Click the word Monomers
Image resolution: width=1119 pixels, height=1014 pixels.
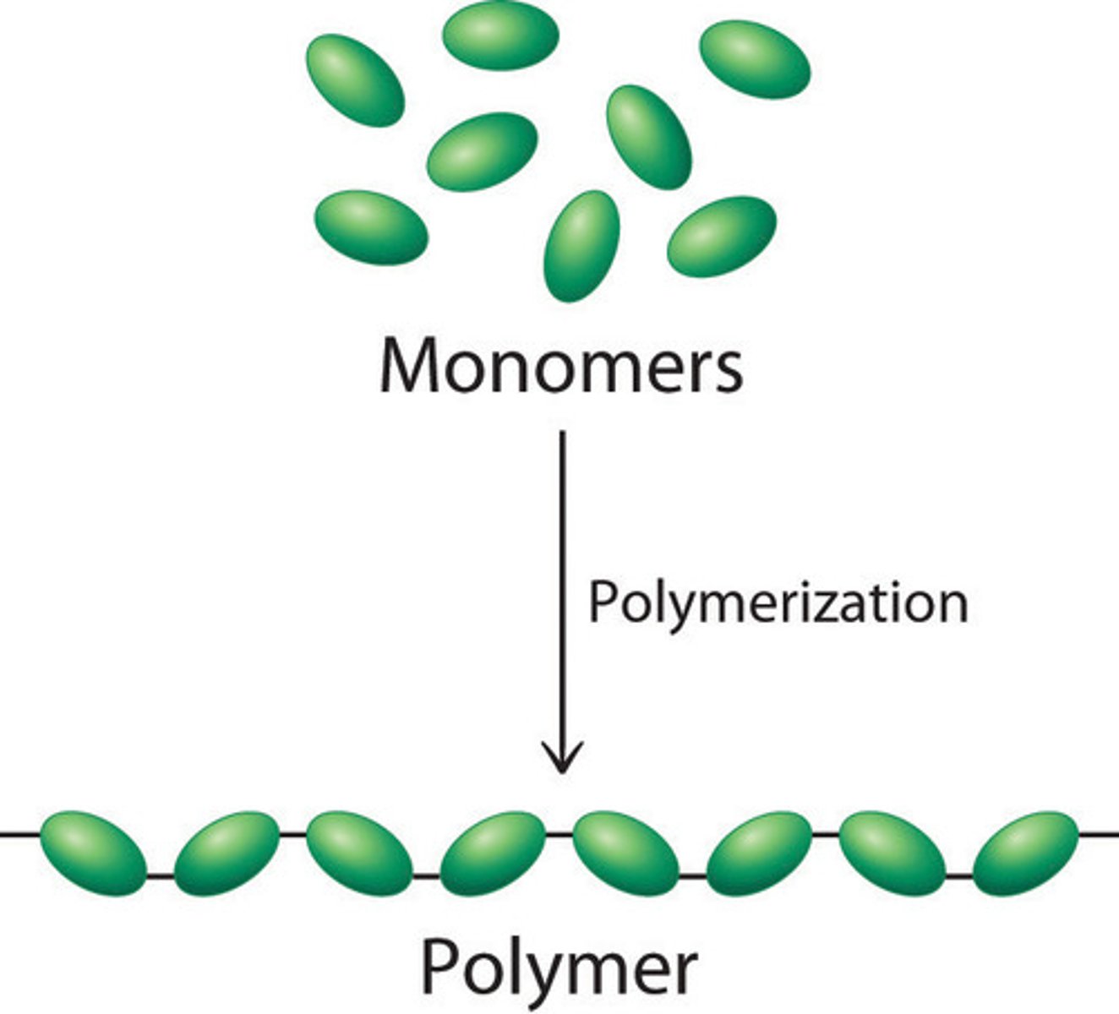pyautogui.click(x=561, y=366)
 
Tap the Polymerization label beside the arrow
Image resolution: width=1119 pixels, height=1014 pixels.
pyautogui.click(x=777, y=603)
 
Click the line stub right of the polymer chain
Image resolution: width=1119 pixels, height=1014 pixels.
pyautogui.click(x=1099, y=835)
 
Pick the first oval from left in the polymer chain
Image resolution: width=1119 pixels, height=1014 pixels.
pyautogui.click(x=94, y=853)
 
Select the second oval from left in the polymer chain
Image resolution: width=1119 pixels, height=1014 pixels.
pyautogui.click(x=227, y=853)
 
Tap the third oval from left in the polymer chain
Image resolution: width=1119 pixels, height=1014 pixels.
pyautogui.click(x=359, y=853)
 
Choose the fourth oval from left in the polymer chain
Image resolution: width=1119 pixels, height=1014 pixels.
pyautogui.click(x=493, y=853)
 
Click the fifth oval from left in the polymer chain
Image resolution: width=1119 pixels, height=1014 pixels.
pyautogui.click(x=625, y=853)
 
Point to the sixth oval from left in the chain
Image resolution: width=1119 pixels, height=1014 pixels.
pyautogui.click(x=759, y=853)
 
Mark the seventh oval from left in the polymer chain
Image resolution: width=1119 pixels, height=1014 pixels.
pyautogui.click(x=892, y=853)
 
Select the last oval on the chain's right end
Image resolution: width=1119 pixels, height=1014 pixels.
pyautogui.click(x=1025, y=853)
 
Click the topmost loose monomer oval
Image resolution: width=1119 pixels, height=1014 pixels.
pyautogui.click(x=501, y=35)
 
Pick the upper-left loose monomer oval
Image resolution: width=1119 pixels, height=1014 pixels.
pyautogui.click(x=355, y=80)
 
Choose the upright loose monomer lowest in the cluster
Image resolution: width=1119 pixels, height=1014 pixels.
pyautogui.click(x=581, y=246)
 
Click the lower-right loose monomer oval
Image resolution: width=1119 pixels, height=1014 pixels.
pyautogui.click(x=722, y=236)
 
